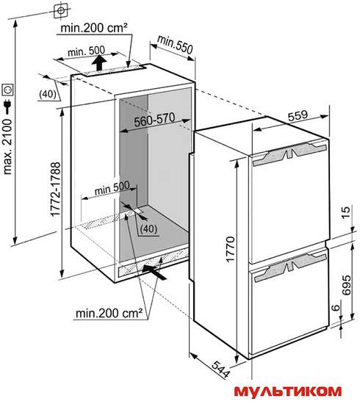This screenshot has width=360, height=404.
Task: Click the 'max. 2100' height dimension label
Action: pyautogui.click(x=7, y=147)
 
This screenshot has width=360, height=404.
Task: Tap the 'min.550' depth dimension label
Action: pyautogui.click(x=175, y=45)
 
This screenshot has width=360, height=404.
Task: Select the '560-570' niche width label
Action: pyautogui.click(x=154, y=120)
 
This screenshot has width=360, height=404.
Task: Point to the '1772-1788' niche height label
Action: pyautogui.click(x=56, y=189)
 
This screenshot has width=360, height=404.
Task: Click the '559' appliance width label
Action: pyautogui.click(x=298, y=115)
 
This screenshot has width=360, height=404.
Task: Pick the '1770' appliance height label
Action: pyautogui.click(x=230, y=250)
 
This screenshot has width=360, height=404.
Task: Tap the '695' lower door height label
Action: pyautogui.click(x=347, y=285)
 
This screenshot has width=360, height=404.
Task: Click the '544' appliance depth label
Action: pyautogui.click(x=220, y=369)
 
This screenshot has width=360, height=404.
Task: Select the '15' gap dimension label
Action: pyautogui.click(x=347, y=212)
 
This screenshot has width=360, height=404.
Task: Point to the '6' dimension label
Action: pyautogui.click(x=336, y=308)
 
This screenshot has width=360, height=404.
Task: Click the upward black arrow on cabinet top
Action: pyautogui.click(x=99, y=62)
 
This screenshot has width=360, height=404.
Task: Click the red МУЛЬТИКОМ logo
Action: pyautogui.click(x=288, y=391)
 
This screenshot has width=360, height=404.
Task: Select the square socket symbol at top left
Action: pyautogui.click(x=61, y=10)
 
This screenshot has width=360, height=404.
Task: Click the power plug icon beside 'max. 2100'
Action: pyautogui.click(x=7, y=107)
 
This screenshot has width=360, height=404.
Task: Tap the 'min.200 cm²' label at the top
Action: pyautogui.click(x=94, y=28)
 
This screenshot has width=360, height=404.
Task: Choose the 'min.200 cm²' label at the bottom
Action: pyautogui.click(x=109, y=314)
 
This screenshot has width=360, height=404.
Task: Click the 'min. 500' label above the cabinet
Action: pyautogui.click(x=87, y=51)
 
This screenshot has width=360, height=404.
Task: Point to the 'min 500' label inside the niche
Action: pyautogui.click(x=112, y=188)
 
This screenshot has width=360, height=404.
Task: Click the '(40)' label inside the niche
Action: pyautogui.click(x=148, y=228)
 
